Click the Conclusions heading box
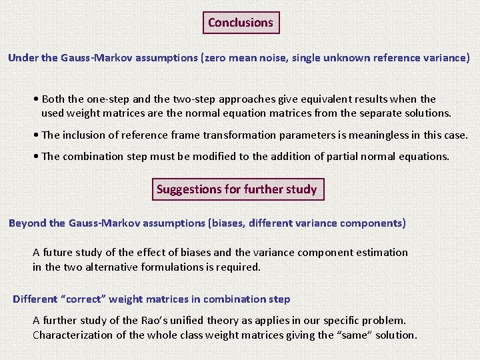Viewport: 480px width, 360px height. [x=241, y=23]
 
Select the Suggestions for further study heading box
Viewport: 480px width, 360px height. [x=237, y=189]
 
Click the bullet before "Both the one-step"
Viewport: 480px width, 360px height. [x=35, y=99]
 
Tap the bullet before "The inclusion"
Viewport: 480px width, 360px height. [x=35, y=135]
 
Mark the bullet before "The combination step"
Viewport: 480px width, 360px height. [x=35, y=156]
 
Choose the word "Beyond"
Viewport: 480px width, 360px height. [x=27, y=223]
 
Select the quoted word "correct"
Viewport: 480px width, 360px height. [x=84, y=299]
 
